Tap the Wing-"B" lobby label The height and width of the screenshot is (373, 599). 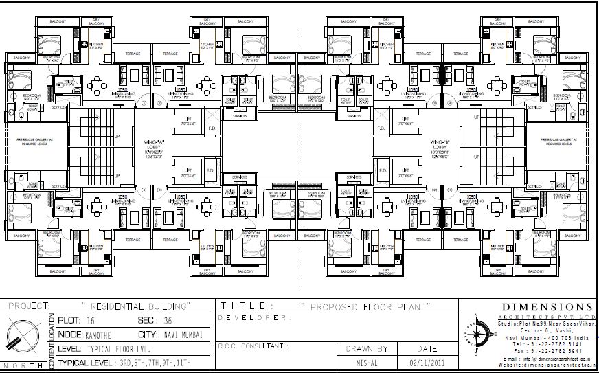(440, 146)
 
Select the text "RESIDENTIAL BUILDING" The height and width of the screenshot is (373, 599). (137, 304)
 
